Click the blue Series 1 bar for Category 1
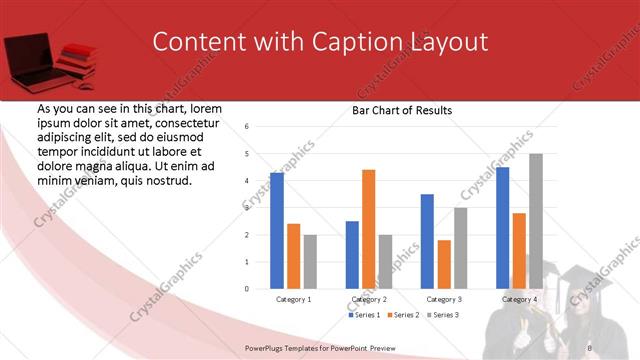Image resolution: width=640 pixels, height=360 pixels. coord(277,231)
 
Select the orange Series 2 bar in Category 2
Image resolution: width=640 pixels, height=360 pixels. coord(368,229)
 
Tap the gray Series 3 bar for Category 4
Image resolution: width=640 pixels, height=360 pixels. coord(536,221)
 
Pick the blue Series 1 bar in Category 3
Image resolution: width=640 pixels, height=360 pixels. coord(427,241)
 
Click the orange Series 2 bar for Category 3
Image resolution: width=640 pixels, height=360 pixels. coord(444,264)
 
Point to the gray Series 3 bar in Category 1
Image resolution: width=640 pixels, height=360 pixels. coord(310,262)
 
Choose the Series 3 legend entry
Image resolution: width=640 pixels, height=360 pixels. coord(446,315)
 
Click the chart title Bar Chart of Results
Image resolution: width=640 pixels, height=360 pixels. coord(402,110)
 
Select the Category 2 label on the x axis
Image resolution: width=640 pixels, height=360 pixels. coord(369,299)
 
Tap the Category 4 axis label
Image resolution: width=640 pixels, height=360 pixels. coord(519,299)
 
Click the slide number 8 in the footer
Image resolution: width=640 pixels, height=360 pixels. coord(589,346)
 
